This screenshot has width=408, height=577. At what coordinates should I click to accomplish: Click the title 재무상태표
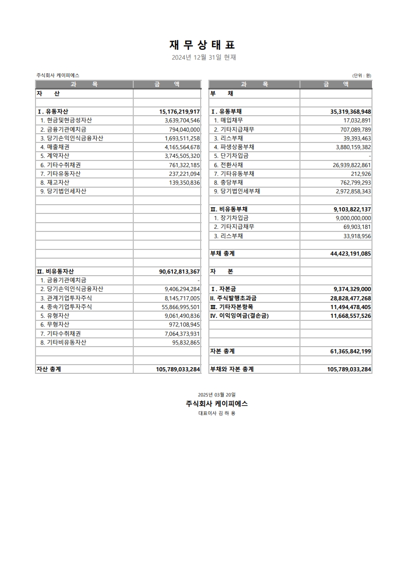[x=204, y=45]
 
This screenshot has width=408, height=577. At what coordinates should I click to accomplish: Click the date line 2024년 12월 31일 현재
[x=204, y=58]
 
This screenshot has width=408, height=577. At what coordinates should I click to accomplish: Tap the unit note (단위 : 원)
[x=362, y=75]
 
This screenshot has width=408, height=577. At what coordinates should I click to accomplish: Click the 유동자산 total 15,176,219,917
[x=180, y=112]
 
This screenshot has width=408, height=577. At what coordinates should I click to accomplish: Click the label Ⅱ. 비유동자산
[x=58, y=271]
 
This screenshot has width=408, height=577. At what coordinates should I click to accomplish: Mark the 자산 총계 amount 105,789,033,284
[x=178, y=369]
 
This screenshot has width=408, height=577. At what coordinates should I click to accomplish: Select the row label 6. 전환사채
[x=230, y=165]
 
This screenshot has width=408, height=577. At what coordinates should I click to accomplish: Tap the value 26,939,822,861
[x=351, y=165]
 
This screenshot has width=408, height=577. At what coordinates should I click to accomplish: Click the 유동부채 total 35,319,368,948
[x=350, y=112]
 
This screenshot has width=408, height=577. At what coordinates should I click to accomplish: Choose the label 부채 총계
[x=222, y=254]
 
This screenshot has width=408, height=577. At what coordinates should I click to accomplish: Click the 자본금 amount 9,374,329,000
[x=352, y=289]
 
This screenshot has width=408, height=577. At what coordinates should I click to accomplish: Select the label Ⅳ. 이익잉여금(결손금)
[x=239, y=316]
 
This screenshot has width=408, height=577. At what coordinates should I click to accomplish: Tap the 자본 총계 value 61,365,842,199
[x=350, y=351]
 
